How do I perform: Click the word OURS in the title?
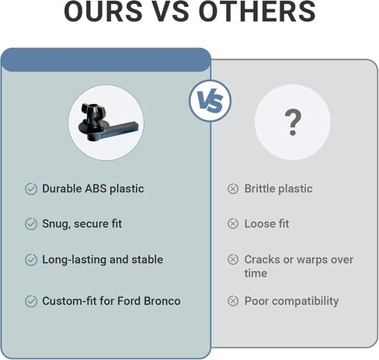tap(103, 12)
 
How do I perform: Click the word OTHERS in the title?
tap(257, 12)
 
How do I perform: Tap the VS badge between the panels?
tap(210, 101)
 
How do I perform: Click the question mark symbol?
tap(293, 123)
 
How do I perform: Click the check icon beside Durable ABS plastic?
tap(31, 189)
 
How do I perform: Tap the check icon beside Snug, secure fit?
tap(31, 224)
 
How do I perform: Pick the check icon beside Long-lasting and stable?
tap(31, 260)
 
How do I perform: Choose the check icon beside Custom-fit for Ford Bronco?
tap(31, 301)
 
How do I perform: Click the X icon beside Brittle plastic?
tap(233, 189)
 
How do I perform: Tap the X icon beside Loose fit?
tap(233, 223)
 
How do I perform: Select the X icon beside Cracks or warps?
tap(233, 259)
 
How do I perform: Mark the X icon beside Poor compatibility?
tap(233, 301)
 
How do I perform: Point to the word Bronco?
tap(162, 301)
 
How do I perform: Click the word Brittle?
tap(260, 189)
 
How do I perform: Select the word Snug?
tap(56, 224)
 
